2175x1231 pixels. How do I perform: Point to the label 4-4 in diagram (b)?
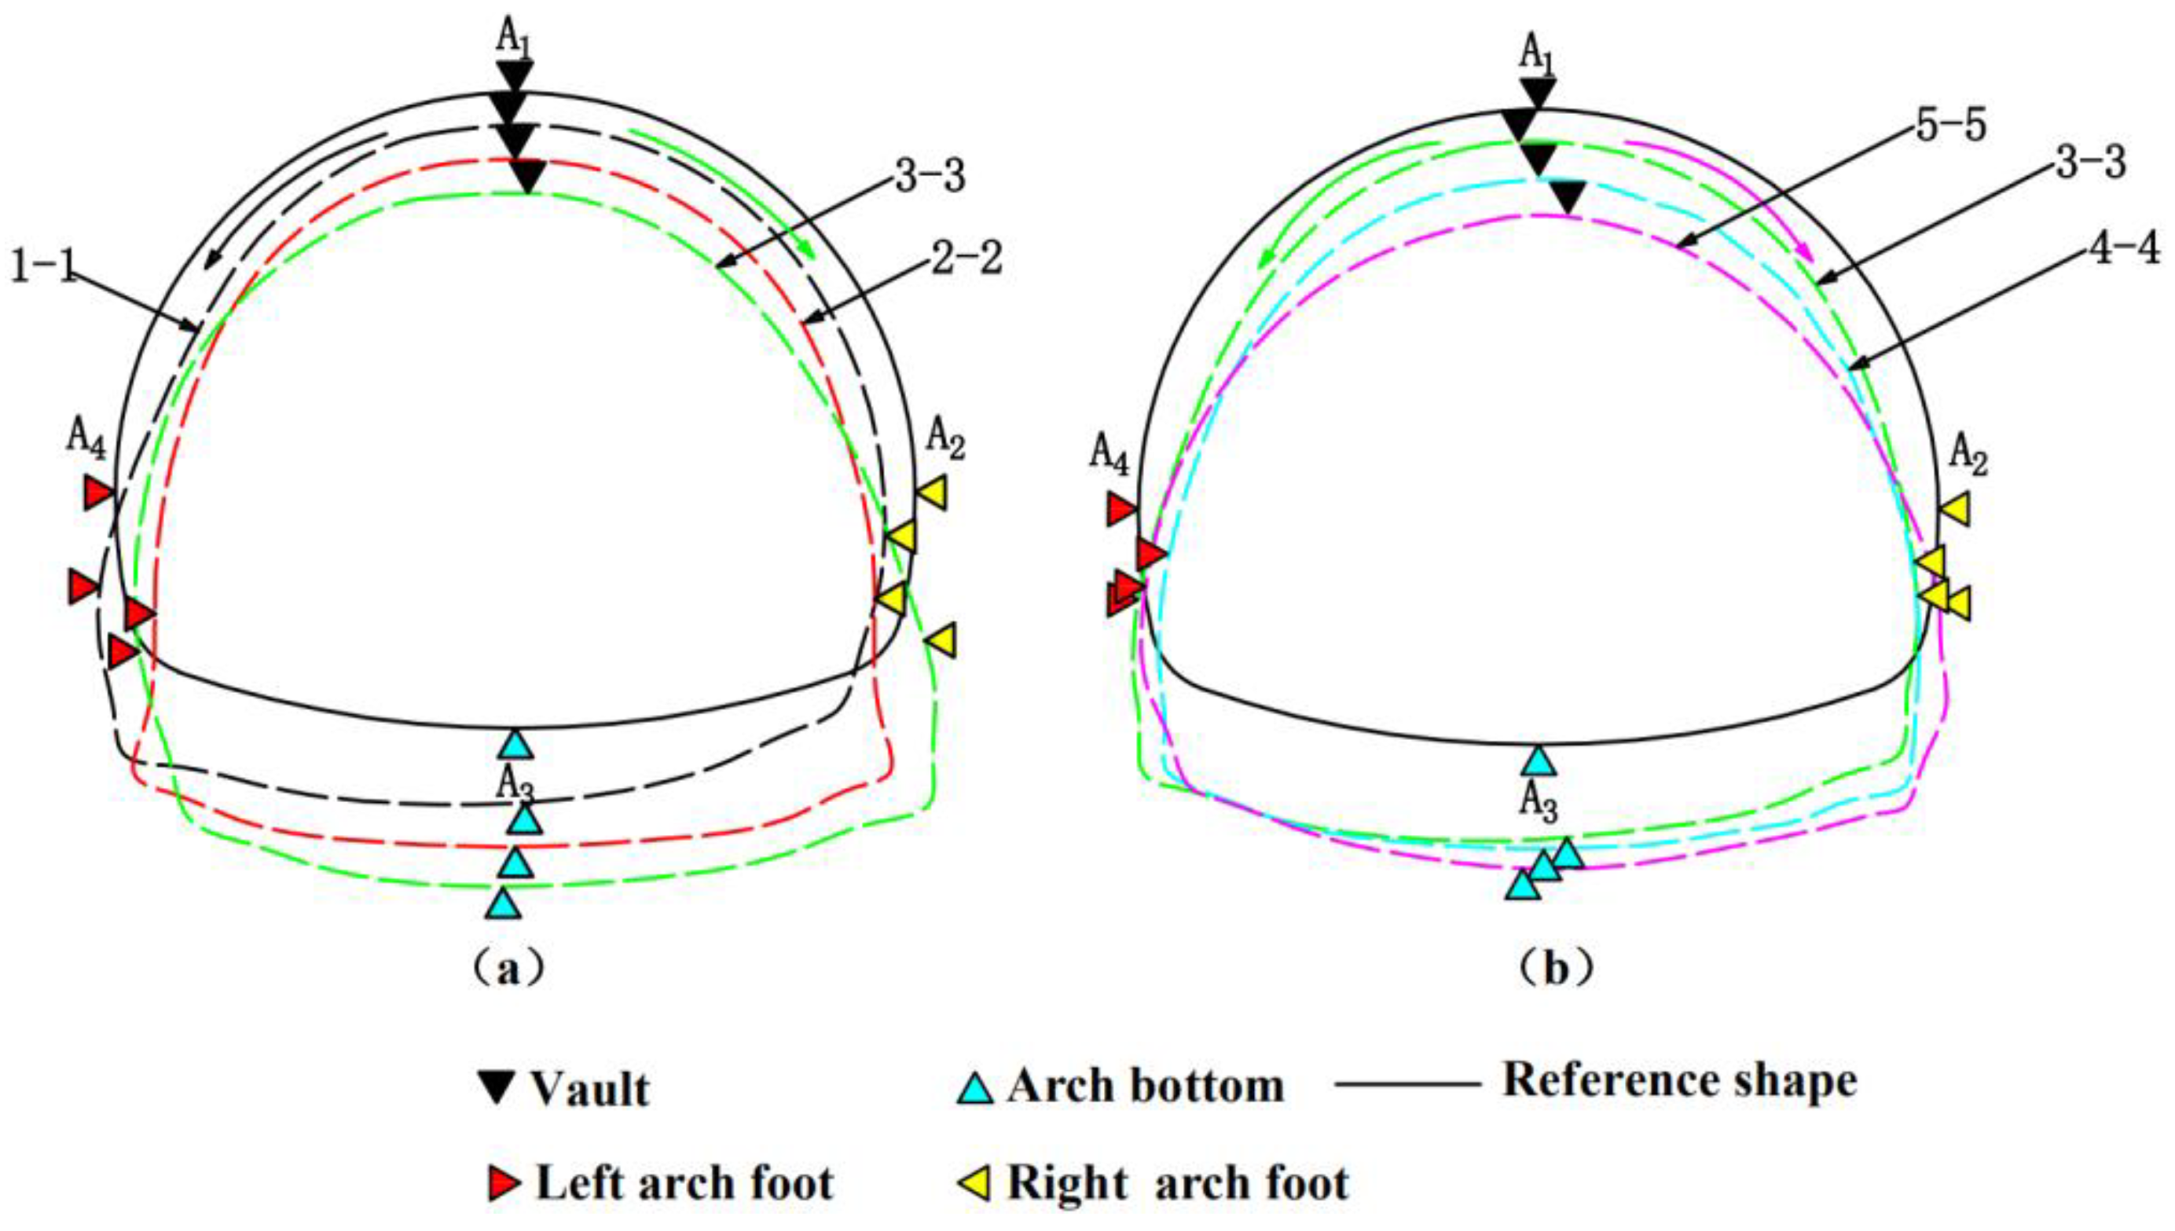2123,251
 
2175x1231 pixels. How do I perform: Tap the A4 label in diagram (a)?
87,441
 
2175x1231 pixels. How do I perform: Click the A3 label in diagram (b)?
1539,799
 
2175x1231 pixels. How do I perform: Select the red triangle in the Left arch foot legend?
504,1183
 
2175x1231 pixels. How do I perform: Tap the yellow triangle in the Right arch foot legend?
974,1183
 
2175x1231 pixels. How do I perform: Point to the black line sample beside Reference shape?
1407,1083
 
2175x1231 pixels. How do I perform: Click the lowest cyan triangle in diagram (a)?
504,903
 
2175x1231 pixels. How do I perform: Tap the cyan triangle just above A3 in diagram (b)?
1539,761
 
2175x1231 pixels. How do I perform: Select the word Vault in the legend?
590,1090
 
